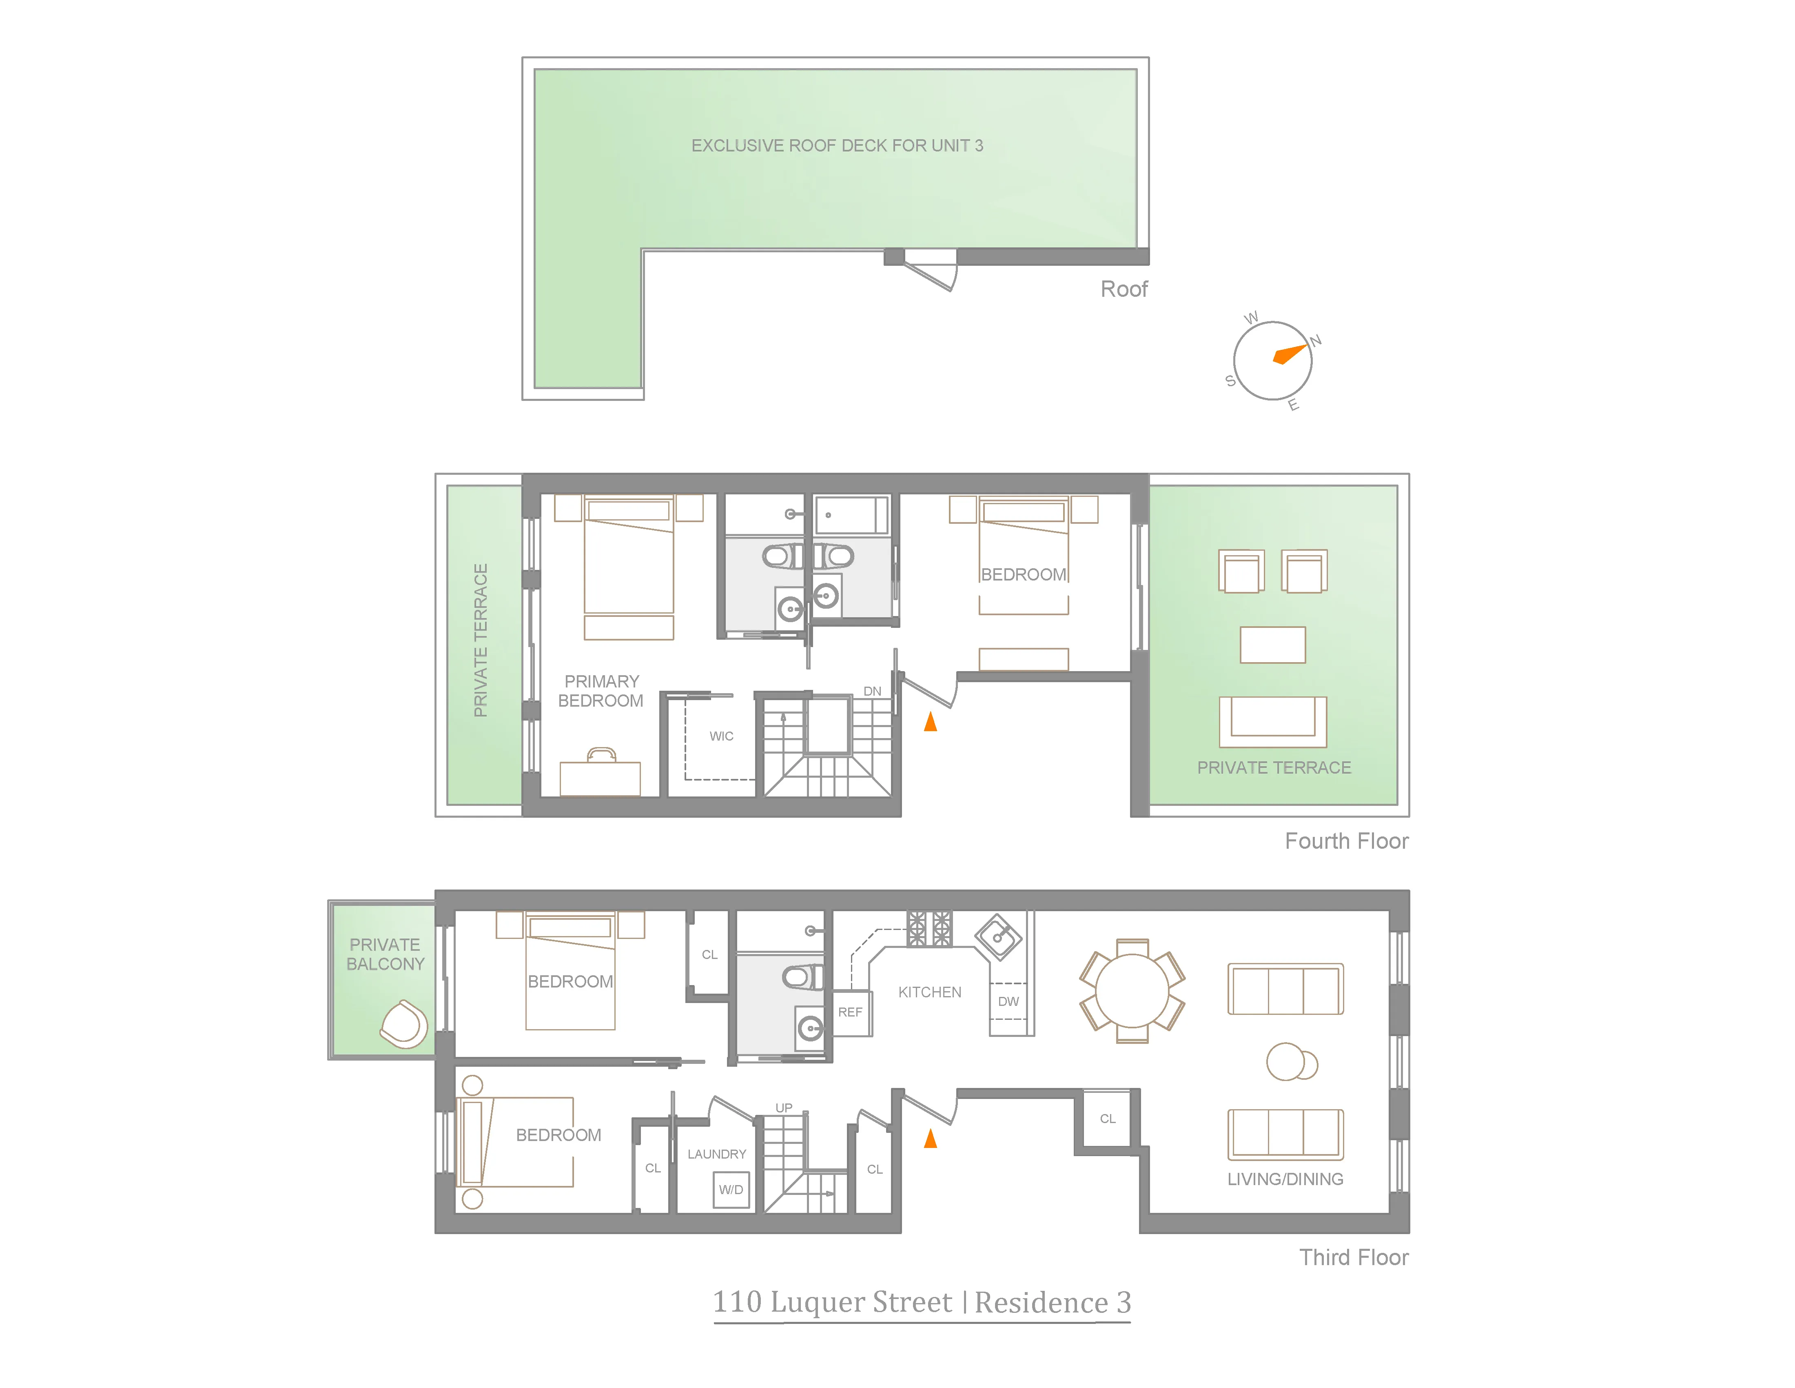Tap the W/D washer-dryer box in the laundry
(731, 1189)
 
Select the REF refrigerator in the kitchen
(851, 1012)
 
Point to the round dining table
(1132, 991)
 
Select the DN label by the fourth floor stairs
(872, 691)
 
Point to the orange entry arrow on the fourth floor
(931, 722)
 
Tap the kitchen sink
(998, 936)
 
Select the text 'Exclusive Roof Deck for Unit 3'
(837, 146)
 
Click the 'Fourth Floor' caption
(1346, 841)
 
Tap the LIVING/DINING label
(1285, 1179)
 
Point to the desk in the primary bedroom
(600, 777)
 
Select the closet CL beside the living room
(1107, 1119)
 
